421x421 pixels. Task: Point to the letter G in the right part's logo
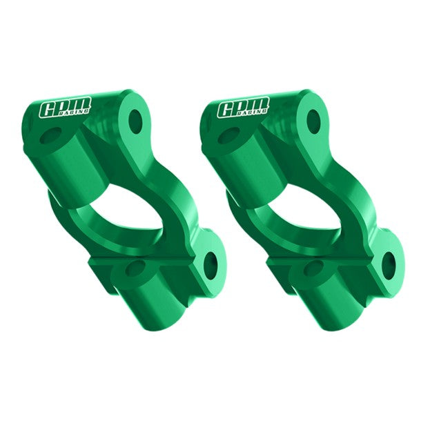[x=228, y=110]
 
